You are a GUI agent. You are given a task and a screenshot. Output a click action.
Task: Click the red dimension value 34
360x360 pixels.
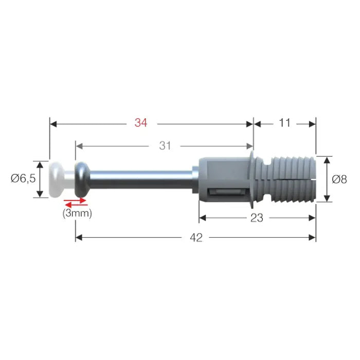tap(141, 123)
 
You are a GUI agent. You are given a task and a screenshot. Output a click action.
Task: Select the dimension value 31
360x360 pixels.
tap(165, 146)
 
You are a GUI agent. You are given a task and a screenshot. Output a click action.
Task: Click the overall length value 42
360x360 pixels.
tap(195, 237)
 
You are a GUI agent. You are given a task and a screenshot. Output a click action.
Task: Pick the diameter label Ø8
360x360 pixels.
tap(339, 179)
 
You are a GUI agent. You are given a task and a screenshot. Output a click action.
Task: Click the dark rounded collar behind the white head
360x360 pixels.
tap(81, 178)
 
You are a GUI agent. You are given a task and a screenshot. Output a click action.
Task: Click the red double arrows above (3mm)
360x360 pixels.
tap(75, 202)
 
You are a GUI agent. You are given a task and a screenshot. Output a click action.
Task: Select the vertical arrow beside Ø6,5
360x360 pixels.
tap(40, 179)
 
